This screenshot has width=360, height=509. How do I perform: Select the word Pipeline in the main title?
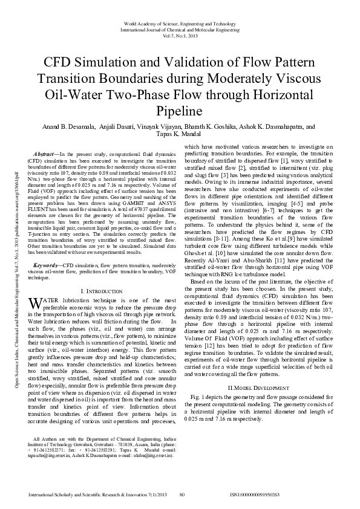click(180, 111)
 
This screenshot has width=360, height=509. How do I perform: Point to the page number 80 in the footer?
click(182, 494)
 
